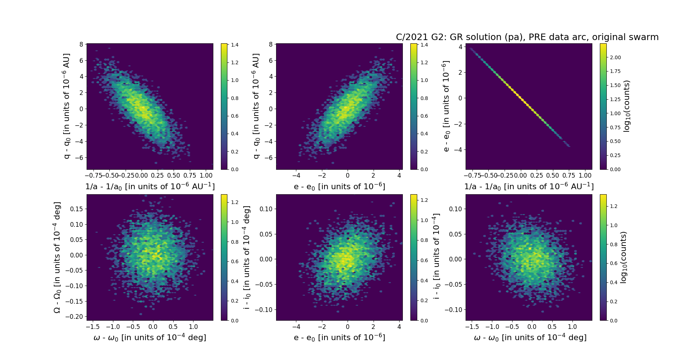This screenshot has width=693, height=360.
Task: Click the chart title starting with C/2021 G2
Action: coord(527,37)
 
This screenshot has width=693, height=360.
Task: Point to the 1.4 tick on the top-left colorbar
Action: coord(235,45)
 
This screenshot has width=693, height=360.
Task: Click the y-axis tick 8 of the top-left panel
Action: coord(81,44)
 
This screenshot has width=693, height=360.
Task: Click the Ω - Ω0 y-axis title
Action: coord(57,257)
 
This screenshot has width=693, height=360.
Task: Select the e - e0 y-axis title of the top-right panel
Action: coord(446,106)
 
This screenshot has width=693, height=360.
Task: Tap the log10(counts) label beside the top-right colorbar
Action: coord(627,106)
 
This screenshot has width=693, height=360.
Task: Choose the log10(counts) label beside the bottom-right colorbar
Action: coord(623,257)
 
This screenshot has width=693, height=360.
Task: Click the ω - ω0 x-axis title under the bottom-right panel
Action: coord(530,337)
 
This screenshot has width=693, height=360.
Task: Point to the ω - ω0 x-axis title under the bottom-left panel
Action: coord(150,337)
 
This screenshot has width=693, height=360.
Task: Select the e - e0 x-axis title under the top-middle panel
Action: coord(339,186)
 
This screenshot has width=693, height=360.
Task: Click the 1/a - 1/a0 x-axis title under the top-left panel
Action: coord(150,186)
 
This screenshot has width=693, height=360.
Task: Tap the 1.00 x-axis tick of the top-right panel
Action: coord(585,175)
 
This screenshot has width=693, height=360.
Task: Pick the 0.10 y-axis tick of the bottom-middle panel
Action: coord(266,209)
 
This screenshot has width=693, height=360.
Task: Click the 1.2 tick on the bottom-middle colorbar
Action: coord(424,200)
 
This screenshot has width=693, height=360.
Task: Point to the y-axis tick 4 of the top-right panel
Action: coord(460,47)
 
